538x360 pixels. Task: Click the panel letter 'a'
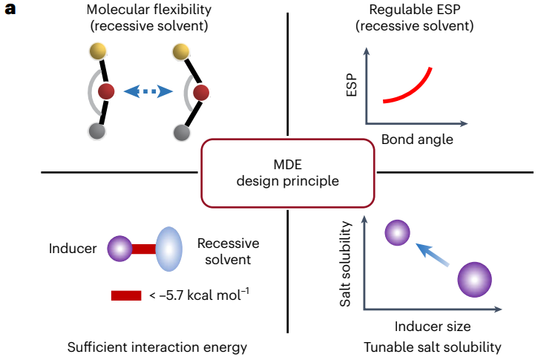click(x=10, y=11)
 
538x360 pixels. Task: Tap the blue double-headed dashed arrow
click(x=148, y=91)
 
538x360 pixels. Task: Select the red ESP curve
click(x=409, y=88)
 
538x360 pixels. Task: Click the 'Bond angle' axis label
click(x=417, y=139)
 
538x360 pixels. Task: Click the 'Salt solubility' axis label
click(x=347, y=264)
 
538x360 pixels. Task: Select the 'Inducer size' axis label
click(x=432, y=326)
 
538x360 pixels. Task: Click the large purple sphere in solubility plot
click(x=475, y=281)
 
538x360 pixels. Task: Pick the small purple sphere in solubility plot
click(x=398, y=233)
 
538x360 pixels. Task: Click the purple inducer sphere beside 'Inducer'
click(x=119, y=248)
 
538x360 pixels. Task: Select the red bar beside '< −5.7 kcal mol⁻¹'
click(x=126, y=295)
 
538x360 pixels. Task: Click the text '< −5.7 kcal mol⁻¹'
click(x=199, y=295)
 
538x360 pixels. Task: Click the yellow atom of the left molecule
click(x=97, y=51)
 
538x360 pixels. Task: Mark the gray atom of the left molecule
click(x=96, y=131)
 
